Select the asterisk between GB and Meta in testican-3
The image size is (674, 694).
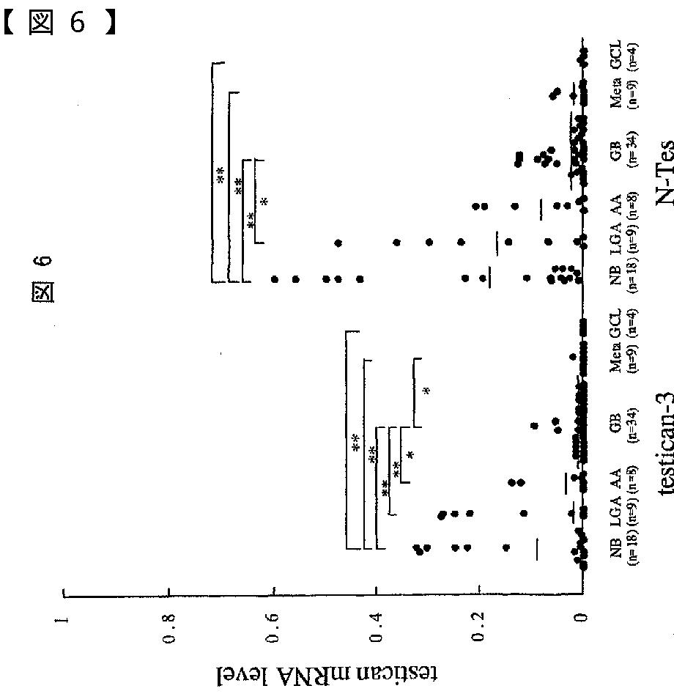[x=426, y=390]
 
